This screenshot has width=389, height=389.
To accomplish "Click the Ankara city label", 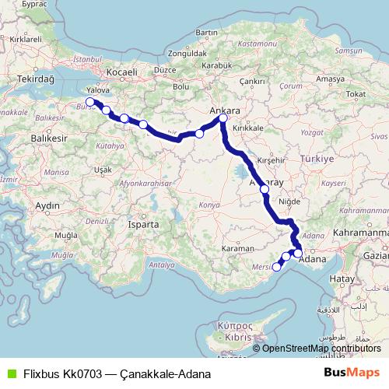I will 226,110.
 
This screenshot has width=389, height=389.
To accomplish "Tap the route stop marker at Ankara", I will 223,118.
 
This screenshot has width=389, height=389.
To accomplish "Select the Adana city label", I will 312,258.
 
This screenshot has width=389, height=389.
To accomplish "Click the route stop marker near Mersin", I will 277,268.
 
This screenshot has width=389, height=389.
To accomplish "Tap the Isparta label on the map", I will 145,224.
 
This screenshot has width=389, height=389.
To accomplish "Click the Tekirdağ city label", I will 37,79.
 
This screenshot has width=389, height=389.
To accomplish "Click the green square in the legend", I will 10,373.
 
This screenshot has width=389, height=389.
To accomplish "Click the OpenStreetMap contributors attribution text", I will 321,348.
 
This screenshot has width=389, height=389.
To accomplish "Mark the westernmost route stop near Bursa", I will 90,102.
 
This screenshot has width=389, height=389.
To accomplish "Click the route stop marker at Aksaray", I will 265,189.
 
